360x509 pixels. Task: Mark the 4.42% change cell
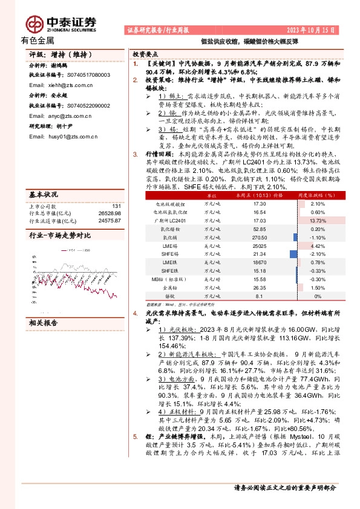pos(318,247)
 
